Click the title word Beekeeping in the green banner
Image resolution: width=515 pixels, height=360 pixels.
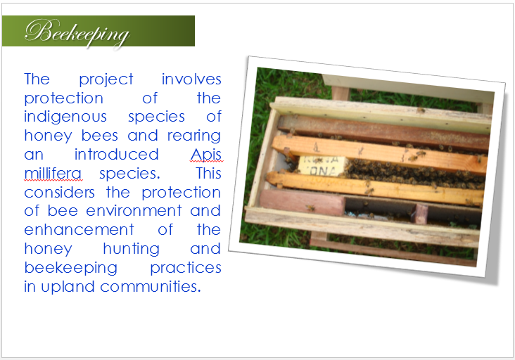pyautogui.click(x=77, y=33)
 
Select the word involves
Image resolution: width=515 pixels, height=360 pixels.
pyautogui.click(x=191, y=79)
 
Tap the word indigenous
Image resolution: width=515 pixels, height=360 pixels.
pyautogui.click(x=65, y=117)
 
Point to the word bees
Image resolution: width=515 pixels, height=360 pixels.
pyautogui.click(x=99, y=136)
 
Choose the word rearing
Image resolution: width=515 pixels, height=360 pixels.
pyautogui.click(x=193, y=136)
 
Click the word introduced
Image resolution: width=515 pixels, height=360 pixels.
pyautogui.click(x=116, y=155)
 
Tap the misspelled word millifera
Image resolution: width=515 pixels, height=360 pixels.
pyautogui.click(x=53, y=174)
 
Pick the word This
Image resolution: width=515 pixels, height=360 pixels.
pyautogui.click(x=209, y=174)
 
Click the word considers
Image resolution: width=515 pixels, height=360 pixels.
pyautogui.click(x=59, y=193)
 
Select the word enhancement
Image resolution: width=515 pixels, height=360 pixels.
pyautogui.click(x=80, y=230)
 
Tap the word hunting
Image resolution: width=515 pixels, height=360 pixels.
pyautogui.click(x=132, y=250)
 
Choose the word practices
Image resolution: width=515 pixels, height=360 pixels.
pyautogui.click(x=186, y=269)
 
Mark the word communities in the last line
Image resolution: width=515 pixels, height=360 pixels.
pyautogui.click(x=151, y=287)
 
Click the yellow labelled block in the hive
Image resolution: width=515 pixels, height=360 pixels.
pyautogui.click(x=322, y=166)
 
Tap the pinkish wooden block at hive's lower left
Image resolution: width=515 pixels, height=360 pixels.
pyautogui.click(x=302, y=202)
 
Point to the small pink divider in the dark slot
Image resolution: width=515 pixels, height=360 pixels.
pyautogui.click(x=421, y=214)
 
